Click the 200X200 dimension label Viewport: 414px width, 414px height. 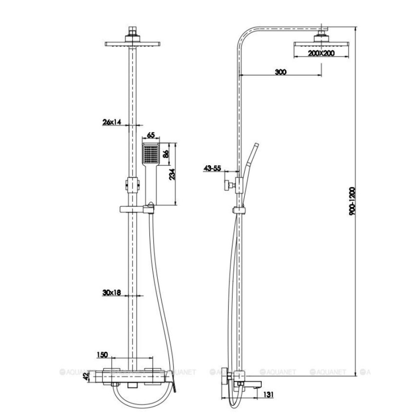[321, 53]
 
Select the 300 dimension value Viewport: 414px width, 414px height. [281, 72]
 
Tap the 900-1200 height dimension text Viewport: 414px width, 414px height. [352, 201]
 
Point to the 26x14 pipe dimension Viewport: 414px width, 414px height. [111, 122]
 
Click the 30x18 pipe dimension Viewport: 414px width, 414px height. [111, 293]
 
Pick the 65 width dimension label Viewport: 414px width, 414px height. [150, 135]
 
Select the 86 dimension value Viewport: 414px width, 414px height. [166, 154]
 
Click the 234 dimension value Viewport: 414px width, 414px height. [172, 174]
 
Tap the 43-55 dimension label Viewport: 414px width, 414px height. [212, 168]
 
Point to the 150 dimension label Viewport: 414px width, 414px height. [102, 355]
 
